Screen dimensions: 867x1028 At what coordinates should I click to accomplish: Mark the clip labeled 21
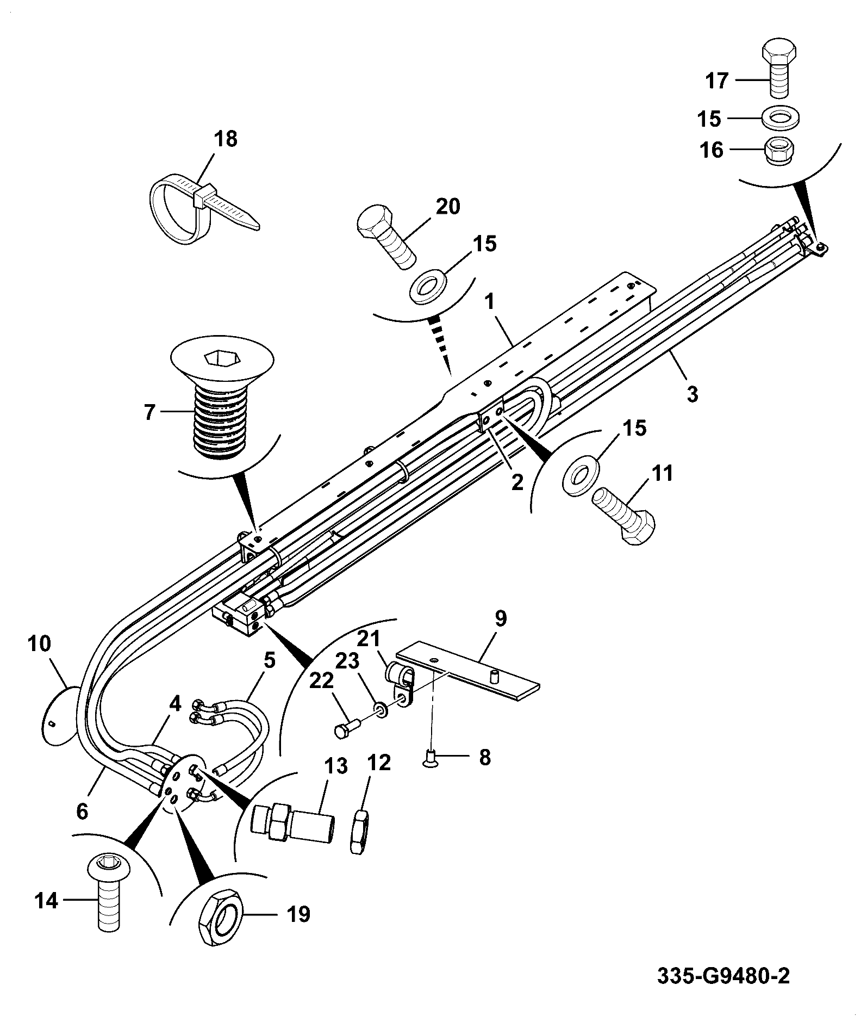pyautogui.click(x=401, y=687)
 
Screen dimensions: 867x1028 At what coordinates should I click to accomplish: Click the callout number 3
pyautogui.click(x=692, y=394)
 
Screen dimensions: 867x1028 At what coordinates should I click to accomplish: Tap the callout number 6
pyautogui.click(x=82, y=812)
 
